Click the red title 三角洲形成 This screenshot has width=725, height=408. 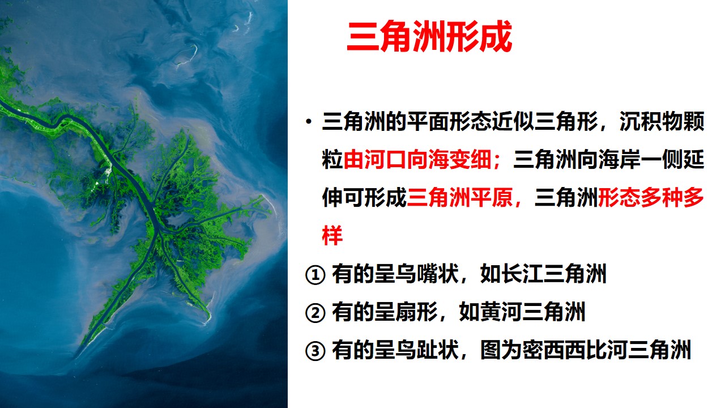click(x=429, y=36)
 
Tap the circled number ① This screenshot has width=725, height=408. click(x=315, y=275)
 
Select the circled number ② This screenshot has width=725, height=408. click(x=315, y=313)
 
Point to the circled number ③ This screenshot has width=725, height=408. click(x=315, y=351)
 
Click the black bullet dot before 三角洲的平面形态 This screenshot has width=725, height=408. click(x=309, y=122)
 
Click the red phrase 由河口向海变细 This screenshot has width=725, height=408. click(x=417, y=160)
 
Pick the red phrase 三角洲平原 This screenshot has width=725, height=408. click(x=459, y=197)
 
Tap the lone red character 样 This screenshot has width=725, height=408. click(x=332, y=235)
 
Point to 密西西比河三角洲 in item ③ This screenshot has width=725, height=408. click(x=586, y=350)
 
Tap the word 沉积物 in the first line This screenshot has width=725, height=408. click(x=651, y=122)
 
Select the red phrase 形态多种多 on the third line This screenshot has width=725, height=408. click(x=651, y=197)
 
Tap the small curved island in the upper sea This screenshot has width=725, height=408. click(x=190, y=54)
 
